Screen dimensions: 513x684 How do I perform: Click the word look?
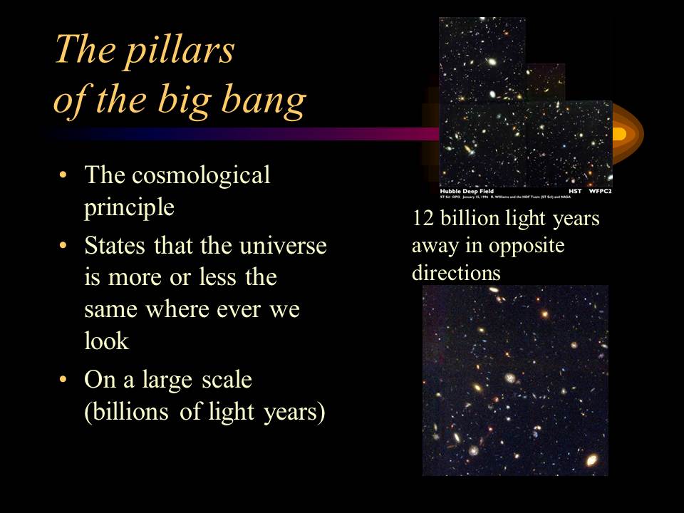(x=106, y=341)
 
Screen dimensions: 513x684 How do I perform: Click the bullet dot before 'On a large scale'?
(x=65, y=380)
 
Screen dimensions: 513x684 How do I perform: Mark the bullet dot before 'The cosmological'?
(x=65, y=176)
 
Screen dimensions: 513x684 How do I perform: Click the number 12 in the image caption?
(x=422, y=218)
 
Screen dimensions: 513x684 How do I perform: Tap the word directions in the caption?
(x=456, y=272)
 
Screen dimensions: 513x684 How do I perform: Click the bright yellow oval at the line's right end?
(x=618, y=133)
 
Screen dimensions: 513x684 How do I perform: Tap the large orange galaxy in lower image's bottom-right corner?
(x=591, y=462)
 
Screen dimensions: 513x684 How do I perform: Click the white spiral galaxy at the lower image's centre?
(x=510, y=378)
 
